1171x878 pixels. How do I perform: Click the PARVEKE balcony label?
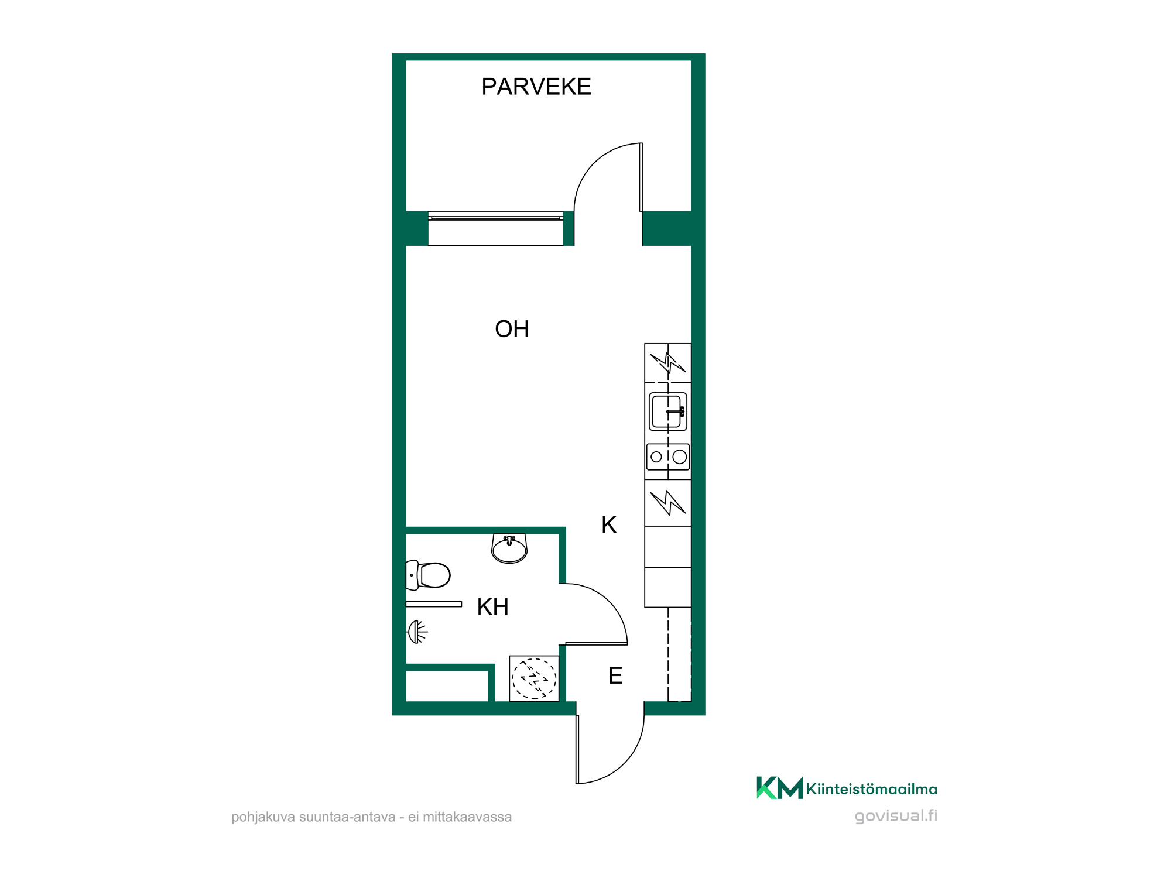pos(536,87)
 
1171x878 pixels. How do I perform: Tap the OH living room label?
pos(512,329)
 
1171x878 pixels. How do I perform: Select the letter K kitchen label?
pos(609,525)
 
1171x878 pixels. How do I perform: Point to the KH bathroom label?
pos(492,607)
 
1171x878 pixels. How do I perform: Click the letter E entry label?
pos(615,676)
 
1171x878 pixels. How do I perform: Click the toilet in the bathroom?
pos(428,575)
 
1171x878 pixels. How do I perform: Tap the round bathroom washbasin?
pos(509,548)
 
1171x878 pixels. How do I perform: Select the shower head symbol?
pos(417,632)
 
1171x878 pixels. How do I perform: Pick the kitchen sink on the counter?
pos(668,411)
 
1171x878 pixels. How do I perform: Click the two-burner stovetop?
pos(668,457)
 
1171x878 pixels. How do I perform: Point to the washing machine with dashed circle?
pos(534,678)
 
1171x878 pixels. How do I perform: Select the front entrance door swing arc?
pos(624,764)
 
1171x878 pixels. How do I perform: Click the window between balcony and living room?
pos(495,228)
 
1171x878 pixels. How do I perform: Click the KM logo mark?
pos(780,788)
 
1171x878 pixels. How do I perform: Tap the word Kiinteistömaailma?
pos(872,789)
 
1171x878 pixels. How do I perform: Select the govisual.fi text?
pos(896,816)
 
